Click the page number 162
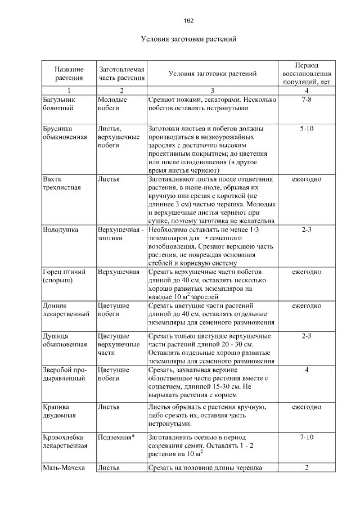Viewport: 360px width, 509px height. (188, 21)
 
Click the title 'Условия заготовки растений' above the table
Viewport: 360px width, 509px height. (187, 39)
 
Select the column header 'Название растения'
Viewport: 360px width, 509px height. (69, 73)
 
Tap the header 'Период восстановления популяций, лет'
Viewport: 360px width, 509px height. (307, 73)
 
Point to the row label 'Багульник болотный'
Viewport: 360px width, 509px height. (58, 104)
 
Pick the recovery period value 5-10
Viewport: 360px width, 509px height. (307, 128)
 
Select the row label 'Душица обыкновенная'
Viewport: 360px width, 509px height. (64, 340)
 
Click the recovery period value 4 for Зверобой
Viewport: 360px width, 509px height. (307, 370)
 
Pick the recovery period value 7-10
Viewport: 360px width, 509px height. (307, 436)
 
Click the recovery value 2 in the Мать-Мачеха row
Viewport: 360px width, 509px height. (307, 467)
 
